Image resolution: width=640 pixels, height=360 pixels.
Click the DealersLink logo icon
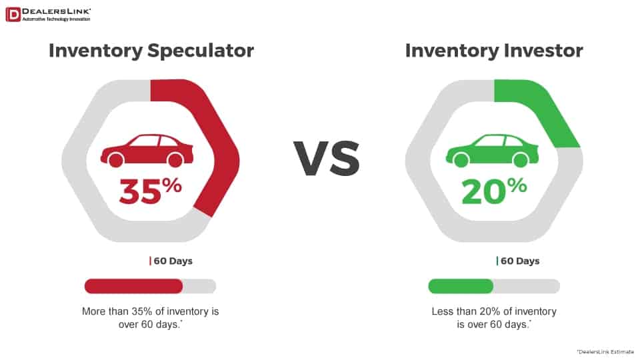(x=13, y=14)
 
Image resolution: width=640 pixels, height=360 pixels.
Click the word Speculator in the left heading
(x=201, y=51)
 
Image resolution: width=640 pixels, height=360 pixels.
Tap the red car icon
(x=147, y=151)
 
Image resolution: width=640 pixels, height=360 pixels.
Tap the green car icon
(x=492, y=151)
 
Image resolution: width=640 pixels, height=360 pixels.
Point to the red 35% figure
(x=150, y=191)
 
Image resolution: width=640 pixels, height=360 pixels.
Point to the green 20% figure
(x=494, y=191)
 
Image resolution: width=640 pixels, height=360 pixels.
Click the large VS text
(x=327, y=159)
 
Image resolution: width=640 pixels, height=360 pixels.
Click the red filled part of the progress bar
(x=133, y=286)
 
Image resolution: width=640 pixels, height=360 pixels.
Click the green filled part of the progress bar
(x=461, y=286)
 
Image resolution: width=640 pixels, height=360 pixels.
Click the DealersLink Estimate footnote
(x=605, y=351)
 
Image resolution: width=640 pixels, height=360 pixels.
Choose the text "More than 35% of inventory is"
(x=151, y=311)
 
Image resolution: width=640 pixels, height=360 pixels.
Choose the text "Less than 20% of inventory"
(x=494, y=311)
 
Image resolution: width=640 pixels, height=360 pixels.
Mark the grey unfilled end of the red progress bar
(x=200, y=286)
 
